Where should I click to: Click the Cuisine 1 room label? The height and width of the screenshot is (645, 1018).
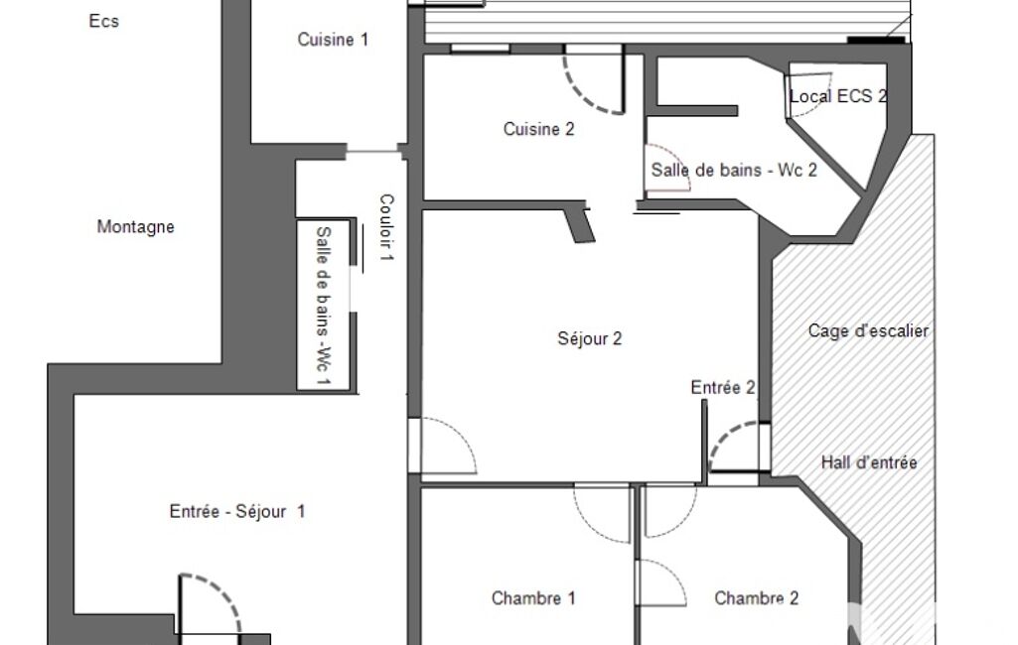333,40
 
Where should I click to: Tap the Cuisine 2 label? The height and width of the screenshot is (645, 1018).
539,129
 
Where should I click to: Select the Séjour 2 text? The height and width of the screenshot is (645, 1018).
590,338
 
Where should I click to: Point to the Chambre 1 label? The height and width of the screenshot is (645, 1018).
533,597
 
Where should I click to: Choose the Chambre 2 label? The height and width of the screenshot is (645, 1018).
757,597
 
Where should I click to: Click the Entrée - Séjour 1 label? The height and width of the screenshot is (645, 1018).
237,511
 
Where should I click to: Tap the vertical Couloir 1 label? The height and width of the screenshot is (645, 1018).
386,228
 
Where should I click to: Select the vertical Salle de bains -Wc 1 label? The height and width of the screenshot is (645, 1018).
324,305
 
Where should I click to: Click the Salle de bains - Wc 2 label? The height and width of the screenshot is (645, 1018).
734,170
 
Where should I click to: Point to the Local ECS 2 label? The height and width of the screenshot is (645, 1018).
838,96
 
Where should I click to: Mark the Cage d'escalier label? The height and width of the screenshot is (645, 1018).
868,331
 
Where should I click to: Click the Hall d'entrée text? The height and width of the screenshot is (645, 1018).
869,462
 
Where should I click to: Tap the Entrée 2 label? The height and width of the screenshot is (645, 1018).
723,388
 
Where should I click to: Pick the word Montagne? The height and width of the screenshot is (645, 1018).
136,226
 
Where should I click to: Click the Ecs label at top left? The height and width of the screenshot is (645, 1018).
104,21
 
